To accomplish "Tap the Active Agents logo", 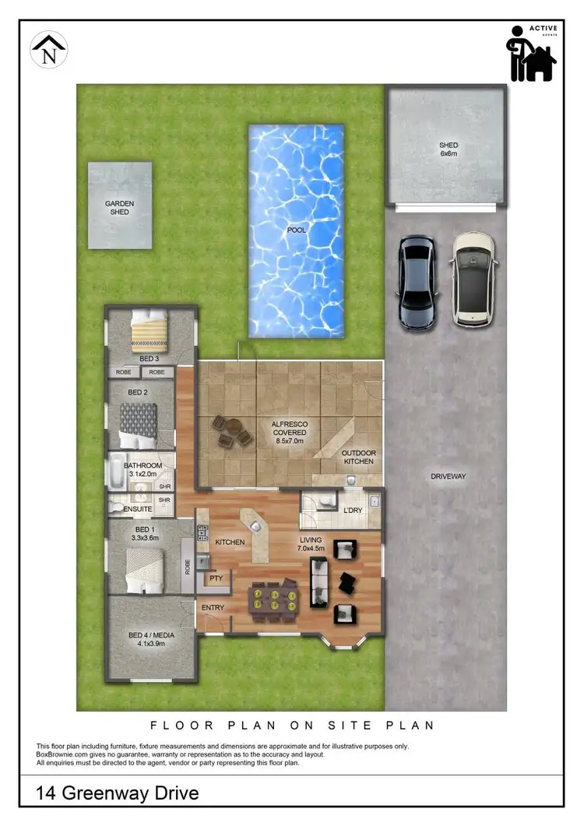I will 533,52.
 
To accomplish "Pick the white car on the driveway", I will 473,278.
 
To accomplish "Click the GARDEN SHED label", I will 120,208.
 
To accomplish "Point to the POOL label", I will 296,231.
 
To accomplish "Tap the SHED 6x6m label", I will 448,149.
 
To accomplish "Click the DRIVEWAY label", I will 448,476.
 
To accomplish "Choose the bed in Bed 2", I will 139,424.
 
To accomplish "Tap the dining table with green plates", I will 273,600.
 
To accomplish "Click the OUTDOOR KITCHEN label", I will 359,457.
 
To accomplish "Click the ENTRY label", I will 213,608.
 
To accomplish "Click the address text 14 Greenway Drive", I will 118,793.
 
